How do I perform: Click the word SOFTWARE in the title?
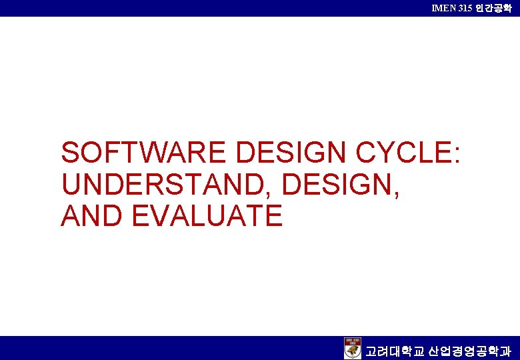point(144,153)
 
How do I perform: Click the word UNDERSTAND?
point(164,185)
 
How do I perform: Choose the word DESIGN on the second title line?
point(337,185)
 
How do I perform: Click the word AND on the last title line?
point(93,216)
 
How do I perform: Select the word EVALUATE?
point(207,216)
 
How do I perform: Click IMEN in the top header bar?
point(444,7)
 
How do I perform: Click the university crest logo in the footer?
point(353,348)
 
